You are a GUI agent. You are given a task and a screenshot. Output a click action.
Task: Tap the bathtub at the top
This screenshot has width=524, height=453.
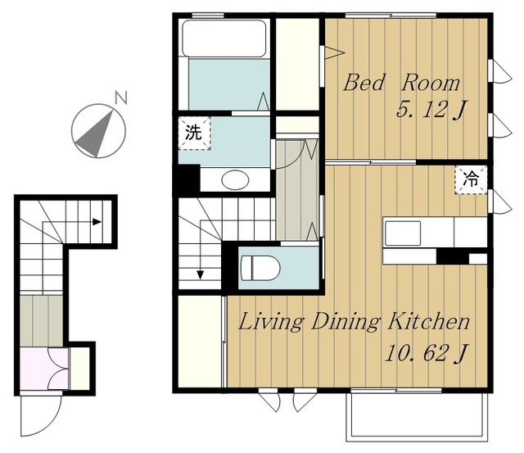(224, 39)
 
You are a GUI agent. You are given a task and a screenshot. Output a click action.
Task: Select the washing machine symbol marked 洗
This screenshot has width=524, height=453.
(194, 133)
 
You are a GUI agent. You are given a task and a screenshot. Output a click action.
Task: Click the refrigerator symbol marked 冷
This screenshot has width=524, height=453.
(471, 180)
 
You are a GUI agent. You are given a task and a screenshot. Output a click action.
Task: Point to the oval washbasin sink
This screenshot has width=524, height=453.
(235, 180)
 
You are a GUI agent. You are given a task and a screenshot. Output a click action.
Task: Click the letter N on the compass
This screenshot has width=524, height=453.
(121, 97)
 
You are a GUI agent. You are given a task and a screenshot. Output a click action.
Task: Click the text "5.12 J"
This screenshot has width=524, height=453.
(431, 109)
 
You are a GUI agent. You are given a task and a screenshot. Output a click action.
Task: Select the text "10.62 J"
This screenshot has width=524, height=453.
(426, 353)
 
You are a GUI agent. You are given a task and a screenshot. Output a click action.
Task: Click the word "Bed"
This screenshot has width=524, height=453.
(364, 83)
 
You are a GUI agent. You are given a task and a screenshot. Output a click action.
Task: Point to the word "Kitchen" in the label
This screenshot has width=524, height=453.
(429, 321)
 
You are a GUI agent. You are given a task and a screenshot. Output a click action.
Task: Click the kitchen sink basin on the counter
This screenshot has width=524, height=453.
(403, 233)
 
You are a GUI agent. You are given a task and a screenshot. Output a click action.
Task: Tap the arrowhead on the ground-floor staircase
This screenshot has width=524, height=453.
(97, 222)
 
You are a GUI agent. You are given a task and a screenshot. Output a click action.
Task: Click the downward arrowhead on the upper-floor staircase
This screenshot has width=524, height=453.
(200, 274)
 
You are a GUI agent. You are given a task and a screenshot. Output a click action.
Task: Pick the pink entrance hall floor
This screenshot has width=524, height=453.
(44, 369)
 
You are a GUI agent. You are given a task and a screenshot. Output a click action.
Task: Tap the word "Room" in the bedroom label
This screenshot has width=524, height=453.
(431, 83)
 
